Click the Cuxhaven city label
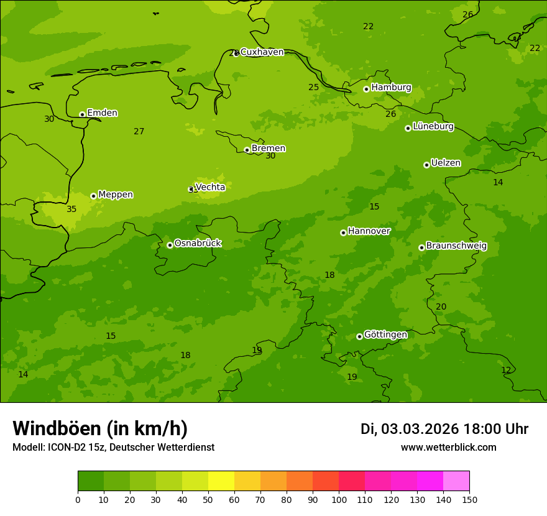[x=262, y=52]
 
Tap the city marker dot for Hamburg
[x=366, y=89]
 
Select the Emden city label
[x=102, y=113]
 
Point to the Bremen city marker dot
[x=247, y=150]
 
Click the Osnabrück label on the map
[x=198, y=243]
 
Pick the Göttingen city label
[x=385, y=334]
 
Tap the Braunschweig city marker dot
[x=421, y=247]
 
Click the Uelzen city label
[x=446, y=163]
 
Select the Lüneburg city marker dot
[x=408, y=128]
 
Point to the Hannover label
[x=369, y=231]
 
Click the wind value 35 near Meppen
[x=71, y=209]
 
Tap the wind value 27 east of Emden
[x=139, y=131]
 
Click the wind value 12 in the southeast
[x=506, y=370]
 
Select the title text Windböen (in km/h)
[x=100, y=428]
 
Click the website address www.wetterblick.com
[x=448, y=447]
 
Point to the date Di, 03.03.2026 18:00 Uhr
[x=444, y=429]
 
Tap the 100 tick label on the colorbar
[x=339, y=499]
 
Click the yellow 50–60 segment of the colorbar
[x=221, y=481]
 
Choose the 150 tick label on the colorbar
[x=469, y=499]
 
